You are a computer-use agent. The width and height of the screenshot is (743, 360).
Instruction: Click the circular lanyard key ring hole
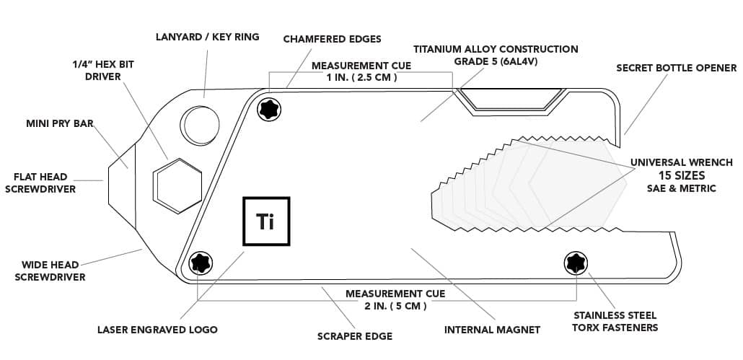pyautogui.click(x=198, y=125)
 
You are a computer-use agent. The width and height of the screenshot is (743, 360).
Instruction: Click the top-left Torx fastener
pyautogui.click(x=270, y=109)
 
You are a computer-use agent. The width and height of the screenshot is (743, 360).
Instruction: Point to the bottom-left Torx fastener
pyautogui.click(x=198, y=263)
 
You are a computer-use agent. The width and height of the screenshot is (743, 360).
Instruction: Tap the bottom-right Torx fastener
pyautogui.click(x=575, y=263)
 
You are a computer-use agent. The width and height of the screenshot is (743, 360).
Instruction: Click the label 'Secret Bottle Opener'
pyautogui.click(x=676, y=69)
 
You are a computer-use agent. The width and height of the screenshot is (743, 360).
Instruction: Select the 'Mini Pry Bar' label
pyautogui.click(x=60, y=124)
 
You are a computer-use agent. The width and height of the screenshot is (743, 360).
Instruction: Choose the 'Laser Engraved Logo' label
pyautogui.click(x=157, y=330)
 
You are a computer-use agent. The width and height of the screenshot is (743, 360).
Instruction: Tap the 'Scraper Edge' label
pyautogui.click(x=355, y=336)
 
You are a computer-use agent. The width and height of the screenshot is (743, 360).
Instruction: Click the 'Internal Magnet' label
pyautogui.click(x=492, y=330)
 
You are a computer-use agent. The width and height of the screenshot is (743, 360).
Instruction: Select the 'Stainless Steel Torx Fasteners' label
pyautogui.click(x=615, y=321)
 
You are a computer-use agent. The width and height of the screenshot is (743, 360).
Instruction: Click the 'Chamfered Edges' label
pyautogui.click(x=332, y=38)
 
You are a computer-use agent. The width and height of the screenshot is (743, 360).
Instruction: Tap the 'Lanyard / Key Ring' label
pyautogui.click(x=208, y=36)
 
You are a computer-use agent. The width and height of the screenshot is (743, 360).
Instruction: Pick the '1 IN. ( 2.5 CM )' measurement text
pyautogui.click(x=361, y=77)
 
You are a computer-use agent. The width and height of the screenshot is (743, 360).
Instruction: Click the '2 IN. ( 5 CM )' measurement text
pyautogui.click(x=396, y=306)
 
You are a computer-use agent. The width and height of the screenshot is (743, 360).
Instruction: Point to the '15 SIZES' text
pyautogui.click(x=681, y=175)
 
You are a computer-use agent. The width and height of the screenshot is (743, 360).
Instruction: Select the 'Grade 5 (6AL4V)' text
pyautogui.click(x=496, y=61)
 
